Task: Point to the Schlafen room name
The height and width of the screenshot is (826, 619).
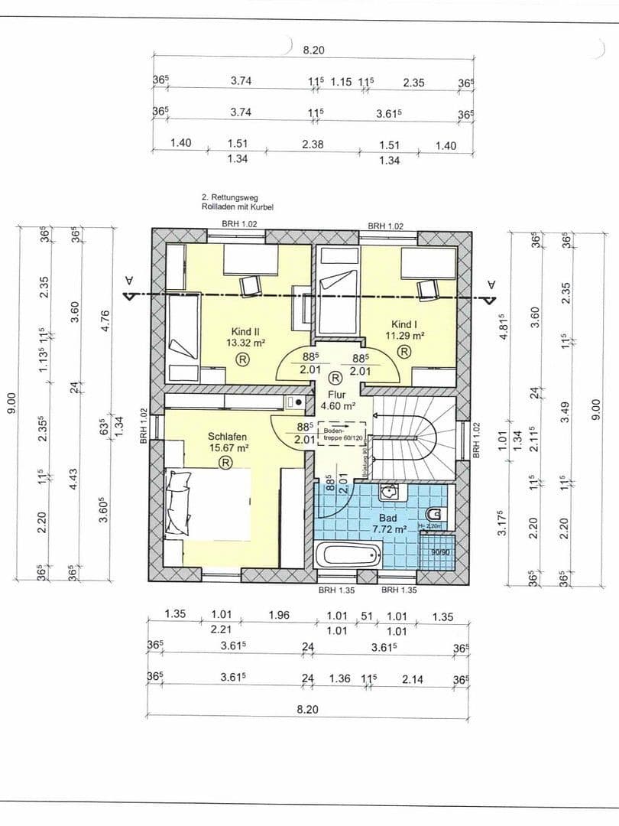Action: point(227,437)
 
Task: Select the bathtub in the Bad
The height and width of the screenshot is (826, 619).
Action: point(348,554)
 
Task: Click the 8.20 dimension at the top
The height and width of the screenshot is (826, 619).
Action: point(313,50)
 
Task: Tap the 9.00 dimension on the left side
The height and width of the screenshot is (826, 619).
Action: point(11,402)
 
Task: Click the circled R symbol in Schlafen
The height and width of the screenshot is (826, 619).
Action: point(226,462)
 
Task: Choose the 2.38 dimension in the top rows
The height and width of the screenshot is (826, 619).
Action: point(313,144)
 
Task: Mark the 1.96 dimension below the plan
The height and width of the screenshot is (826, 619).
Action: point(279,616)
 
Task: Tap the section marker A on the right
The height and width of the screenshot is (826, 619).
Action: point(491,285)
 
